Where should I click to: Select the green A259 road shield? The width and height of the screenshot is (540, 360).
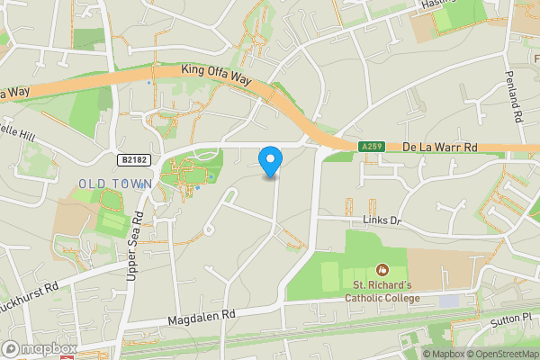[x=374, y=147]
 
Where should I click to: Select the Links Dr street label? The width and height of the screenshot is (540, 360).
[x=382, y=220]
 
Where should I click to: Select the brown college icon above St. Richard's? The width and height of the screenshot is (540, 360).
[x=382, y=270]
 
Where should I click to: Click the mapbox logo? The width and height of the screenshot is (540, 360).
[x=40, y=348]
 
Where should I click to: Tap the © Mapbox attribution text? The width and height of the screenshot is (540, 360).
[x=442, y=354]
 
